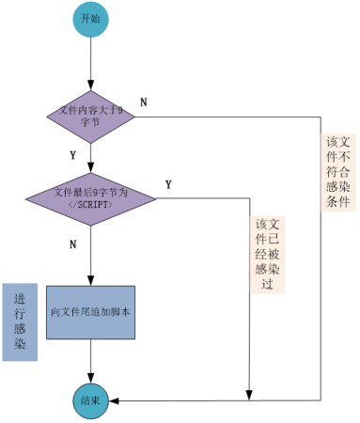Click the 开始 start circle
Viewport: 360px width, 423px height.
click(x=90, y=19)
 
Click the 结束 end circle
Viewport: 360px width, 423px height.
click(x=91, y=400)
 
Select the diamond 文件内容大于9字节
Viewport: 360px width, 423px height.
click(x=90, y=117)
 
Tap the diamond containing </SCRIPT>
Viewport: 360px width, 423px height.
click(x=90, y=197)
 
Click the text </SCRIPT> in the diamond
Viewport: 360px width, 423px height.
click(x=91, y=204)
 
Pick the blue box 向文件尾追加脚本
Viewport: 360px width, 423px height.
click(x=90, y=312)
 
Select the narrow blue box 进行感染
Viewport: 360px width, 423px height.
click(x=20, y=321)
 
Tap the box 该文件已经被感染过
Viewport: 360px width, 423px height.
click(x=268, y=255)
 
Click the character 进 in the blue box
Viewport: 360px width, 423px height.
click(x=20, y=299)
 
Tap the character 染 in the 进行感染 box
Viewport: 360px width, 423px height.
click(x=20, y=345)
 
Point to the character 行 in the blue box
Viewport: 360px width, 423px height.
click(x=20, y=314)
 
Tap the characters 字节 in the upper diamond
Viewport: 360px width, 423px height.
click(x=91, y=123)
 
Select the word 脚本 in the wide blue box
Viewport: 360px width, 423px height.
click(x=118, y=312)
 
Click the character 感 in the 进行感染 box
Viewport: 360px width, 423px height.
click(x=20, y=330)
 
